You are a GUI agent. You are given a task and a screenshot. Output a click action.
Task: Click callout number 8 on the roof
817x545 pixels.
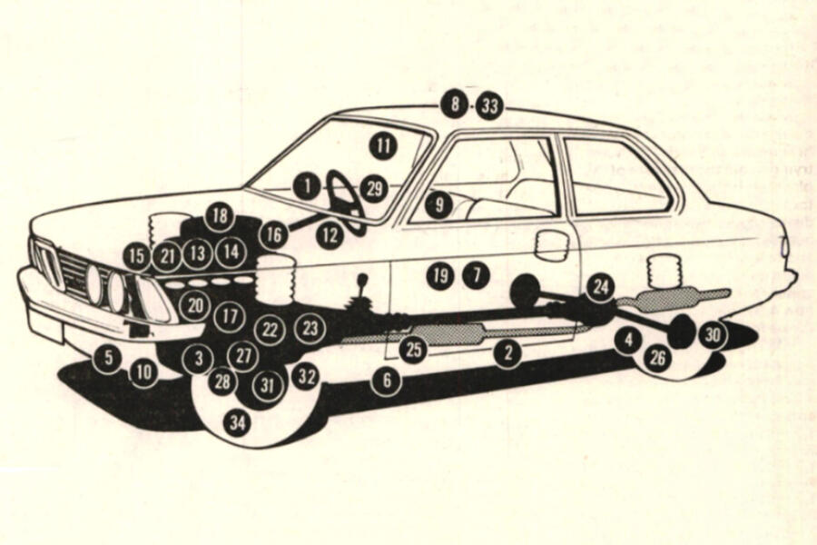click(453, 104)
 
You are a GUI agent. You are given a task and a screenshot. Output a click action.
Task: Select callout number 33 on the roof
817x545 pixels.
click(490, 106)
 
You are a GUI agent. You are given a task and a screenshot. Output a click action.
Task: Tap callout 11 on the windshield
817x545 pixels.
click(384, 144)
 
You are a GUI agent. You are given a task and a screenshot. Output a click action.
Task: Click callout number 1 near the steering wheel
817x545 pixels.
click(308, 187)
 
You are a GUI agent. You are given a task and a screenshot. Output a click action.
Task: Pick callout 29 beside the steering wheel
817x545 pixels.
click(374, 188)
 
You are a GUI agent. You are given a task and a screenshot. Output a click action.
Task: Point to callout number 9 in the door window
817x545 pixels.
click(439, 205)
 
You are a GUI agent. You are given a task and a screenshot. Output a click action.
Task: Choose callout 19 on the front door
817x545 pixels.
click(440, 274)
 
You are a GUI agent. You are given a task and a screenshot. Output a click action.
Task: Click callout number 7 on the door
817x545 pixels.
click(475, 274)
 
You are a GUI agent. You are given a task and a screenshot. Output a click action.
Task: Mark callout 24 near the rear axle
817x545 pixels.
click(599, 288)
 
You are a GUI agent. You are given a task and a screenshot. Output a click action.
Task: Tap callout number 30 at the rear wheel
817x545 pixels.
click(714, 334)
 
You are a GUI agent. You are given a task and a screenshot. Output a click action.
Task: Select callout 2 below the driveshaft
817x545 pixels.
click(508, 353)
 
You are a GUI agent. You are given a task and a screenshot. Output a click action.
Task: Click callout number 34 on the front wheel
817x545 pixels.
click(237, 422)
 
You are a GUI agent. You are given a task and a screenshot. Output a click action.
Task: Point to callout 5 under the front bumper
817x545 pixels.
click(108, 357)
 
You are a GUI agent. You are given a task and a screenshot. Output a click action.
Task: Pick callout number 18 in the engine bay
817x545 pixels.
click(219, 216)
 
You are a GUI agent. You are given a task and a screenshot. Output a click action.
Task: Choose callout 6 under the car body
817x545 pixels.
click(386, 381)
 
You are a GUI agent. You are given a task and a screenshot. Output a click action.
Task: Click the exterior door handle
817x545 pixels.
click(552, 243)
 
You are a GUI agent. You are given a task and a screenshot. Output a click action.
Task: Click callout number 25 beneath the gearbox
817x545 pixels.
click(414, 351)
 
